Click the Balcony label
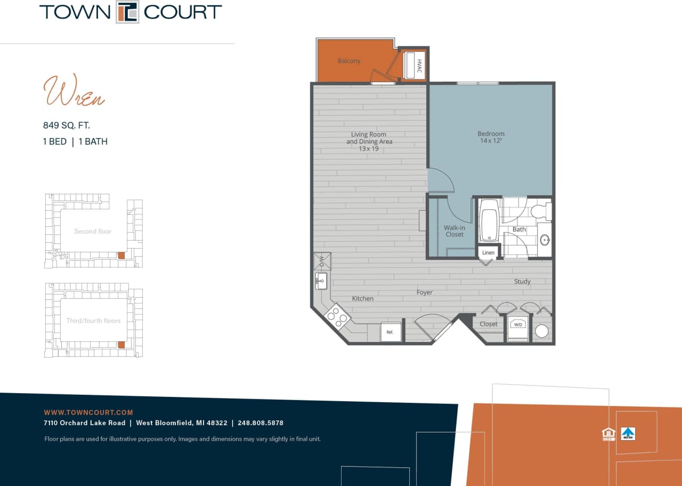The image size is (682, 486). click(x=349, y=61)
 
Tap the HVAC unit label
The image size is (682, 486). click(x=419, y=66)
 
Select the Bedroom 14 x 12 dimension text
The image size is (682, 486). click(x=491, y=141)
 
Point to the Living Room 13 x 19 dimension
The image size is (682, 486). click(x=369, y=148)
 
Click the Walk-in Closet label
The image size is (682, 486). click(x=454, y=231)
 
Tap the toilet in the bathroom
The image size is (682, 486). click(x=542, y=211)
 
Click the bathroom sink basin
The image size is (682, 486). click(x=545, y=240)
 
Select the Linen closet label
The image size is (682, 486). click(x=489, y=252)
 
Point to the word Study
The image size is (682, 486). click(x=522, y=281)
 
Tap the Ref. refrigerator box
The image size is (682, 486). click(x=390, y=332)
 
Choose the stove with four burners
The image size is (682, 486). click(x=337, y=316)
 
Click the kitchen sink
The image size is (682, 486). click(x=321, y=280)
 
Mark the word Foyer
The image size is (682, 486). click(x=425, y=292)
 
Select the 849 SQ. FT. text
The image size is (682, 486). click(x=67, y=125)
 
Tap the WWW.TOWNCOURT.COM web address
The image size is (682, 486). click(x=88, y=412)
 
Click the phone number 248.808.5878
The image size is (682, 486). click(x=261, y=423)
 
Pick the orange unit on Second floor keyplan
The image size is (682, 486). click(x=121, y=256)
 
